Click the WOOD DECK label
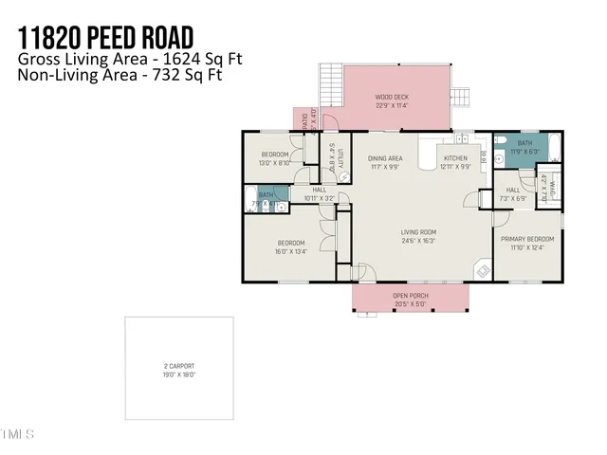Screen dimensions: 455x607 click(x=393, y=97)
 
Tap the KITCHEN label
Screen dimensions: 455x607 click(x=455, y=158)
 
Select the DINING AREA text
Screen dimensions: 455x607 click(x=386, y=158)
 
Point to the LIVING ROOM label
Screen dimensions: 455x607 click(x=417, y=232)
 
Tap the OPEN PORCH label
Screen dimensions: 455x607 click(x=411, y=296)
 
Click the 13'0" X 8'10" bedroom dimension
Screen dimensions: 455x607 click(x=276, y=162)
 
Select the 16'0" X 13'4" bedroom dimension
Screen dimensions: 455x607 click(x=292, y=251)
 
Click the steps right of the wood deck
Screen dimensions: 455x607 click(x=461, y=96)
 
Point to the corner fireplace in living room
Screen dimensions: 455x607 click(x=483, y=270)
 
